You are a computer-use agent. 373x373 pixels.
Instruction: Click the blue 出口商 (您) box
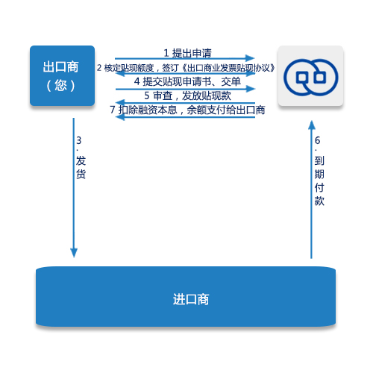[x=62, y=75]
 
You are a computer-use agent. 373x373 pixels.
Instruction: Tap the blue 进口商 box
[x=186, y=296]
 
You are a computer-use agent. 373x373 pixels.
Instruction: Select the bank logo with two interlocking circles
[x=311, y=78]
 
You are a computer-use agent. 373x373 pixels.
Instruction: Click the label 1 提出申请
[x=187, y=53]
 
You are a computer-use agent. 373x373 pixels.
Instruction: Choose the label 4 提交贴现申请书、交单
[x=187, y=81]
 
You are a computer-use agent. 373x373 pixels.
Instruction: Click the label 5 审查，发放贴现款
[x=187, y=95]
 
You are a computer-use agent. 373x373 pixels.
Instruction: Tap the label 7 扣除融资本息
[x=143, y=110]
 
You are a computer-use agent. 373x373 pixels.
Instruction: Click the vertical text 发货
[x=81, y=167]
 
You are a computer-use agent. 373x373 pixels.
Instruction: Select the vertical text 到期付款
[x=319, y=181]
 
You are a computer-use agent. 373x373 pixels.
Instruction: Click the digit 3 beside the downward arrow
[x=79, y=140]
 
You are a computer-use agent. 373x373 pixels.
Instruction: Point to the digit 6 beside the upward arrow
[x=318, y=140]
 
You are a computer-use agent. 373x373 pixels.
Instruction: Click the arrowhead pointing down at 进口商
[x=74, y=253]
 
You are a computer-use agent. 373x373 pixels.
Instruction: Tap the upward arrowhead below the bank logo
[x=312, y=125]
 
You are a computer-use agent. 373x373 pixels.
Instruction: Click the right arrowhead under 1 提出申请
[x=250, y=58]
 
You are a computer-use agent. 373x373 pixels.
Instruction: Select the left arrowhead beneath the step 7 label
[x=120, y=116]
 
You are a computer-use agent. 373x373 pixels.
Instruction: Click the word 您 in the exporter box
[x=61, y=85]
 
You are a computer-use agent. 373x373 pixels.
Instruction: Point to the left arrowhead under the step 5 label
[x=120, y=102]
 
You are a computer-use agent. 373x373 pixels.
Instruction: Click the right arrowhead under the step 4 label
[x=251, y=89]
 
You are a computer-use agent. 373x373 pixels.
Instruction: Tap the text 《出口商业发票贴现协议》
[x=228, y=68]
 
